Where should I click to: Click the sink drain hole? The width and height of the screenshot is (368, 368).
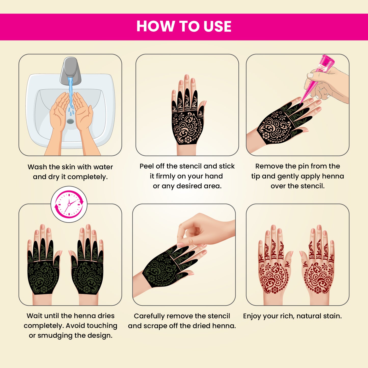tap(70, 121)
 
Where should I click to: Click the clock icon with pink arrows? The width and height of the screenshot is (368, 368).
tap(69, 204)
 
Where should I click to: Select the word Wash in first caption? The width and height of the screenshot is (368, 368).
tap(37, 167)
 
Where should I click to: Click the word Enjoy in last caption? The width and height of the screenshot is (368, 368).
tap(252, 316)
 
